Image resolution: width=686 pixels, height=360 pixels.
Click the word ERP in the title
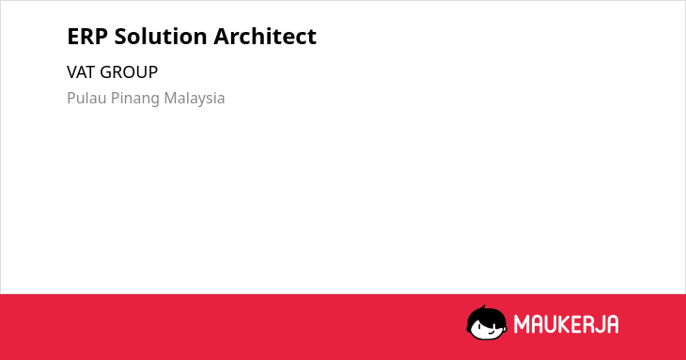coord(87,37)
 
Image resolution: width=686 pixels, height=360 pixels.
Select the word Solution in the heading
coord(161,36)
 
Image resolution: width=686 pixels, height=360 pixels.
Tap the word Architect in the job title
coord(265,36)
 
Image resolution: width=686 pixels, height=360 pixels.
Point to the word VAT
coord(81,72)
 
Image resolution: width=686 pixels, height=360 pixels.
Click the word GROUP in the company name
coord(129,72)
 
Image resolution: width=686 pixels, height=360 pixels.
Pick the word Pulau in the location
coord(86,98)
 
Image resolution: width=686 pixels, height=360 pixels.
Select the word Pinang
coord(135,99)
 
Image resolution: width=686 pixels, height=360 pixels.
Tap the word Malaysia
coord(195,99)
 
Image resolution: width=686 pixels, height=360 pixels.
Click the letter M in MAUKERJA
coord(521,324)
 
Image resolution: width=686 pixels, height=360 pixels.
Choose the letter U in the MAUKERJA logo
coord(551,324)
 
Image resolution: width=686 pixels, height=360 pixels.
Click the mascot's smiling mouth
coord(491,332)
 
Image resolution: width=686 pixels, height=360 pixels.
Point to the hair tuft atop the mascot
coord(483,307)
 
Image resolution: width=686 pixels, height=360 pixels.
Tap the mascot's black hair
coord(487,317)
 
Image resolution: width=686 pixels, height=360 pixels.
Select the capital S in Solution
coord(121,37)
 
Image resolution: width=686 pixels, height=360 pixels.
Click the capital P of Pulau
coord(71,98)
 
